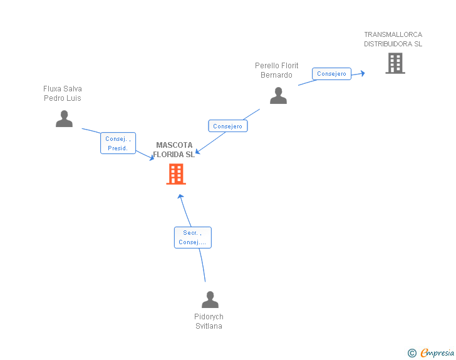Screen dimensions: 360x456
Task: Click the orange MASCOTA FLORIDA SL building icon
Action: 176,174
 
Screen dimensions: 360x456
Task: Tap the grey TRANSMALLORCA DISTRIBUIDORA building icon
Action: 395,63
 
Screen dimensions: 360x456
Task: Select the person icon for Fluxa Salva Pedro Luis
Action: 64,118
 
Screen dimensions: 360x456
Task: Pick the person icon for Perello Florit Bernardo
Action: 278,95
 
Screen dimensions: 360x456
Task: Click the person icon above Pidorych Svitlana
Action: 210,299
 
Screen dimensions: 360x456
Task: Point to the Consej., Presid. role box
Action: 118,143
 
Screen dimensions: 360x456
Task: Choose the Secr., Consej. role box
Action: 192,237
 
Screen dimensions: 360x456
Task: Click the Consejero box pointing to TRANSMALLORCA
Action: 331,74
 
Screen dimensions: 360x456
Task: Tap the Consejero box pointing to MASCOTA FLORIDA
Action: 227,126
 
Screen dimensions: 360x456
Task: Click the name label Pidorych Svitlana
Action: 209,321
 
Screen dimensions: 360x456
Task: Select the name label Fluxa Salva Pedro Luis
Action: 63,93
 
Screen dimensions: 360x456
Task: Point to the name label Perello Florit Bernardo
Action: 277,70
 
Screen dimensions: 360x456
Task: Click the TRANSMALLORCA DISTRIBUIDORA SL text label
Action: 393,39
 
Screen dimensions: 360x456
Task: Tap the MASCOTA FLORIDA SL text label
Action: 174,150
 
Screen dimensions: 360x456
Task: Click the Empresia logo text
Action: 437,352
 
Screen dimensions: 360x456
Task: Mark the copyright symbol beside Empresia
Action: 412,353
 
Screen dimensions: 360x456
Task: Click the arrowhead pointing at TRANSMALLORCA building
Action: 361,73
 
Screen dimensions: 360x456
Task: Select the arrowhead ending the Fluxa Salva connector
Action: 152,158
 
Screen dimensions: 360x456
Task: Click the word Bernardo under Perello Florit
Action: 277,75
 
